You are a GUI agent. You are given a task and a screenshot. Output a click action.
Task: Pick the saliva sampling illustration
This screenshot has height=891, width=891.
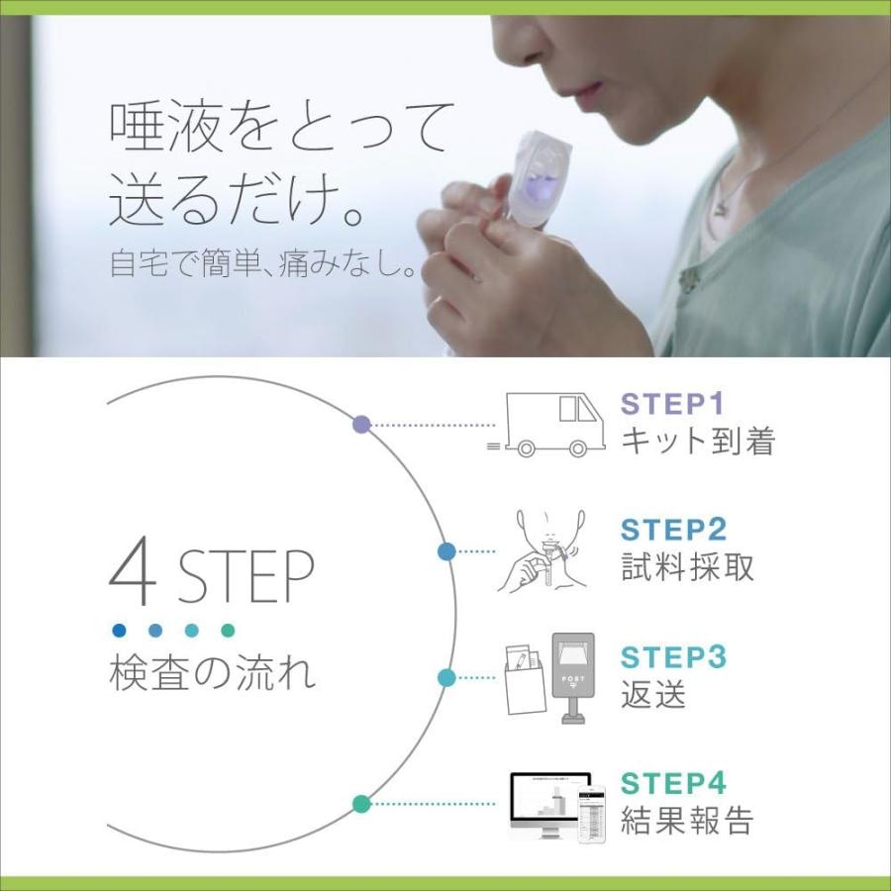tap(540, 550)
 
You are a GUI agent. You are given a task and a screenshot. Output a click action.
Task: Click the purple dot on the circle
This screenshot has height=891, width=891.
tap(361, 425)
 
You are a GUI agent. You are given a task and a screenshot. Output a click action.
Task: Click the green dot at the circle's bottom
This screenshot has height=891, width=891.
tap(361, 804)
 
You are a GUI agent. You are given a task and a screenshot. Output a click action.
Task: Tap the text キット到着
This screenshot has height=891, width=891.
tap(697, 442)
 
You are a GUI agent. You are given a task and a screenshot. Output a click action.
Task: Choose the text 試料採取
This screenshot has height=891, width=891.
tap(687, 567)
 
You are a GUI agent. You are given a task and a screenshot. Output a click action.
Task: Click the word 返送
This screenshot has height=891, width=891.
tap(653, 694)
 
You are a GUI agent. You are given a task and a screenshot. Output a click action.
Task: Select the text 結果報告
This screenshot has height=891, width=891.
tap(687, 821)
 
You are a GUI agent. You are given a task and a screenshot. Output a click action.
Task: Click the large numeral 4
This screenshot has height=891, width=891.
tap(133, 574)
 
